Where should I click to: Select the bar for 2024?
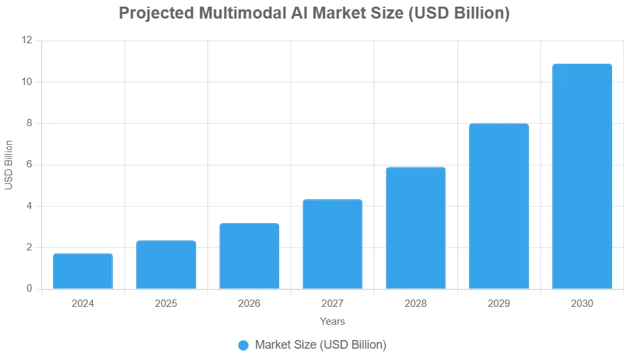point(83,271)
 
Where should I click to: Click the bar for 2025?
point(166,264)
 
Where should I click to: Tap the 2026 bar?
point(249,256)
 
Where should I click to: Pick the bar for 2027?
point(332,244)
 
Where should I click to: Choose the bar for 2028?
point(415,228)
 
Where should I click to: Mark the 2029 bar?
point(498,206)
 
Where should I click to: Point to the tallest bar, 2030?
point(581,176)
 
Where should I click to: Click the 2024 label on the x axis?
point(83,304)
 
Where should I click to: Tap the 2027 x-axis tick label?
point(332,304)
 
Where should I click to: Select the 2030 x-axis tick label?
point(581,304)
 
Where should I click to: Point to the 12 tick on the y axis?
point(27,41)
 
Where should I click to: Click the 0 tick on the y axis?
point(29,289)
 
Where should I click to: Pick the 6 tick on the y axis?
point(29,165)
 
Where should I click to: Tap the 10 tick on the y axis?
point(27,82)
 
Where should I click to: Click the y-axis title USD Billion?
point(9,165)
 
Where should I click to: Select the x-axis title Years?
point(332,321)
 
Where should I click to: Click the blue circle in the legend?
point(243,345)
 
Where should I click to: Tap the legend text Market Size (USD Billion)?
point(320,345)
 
